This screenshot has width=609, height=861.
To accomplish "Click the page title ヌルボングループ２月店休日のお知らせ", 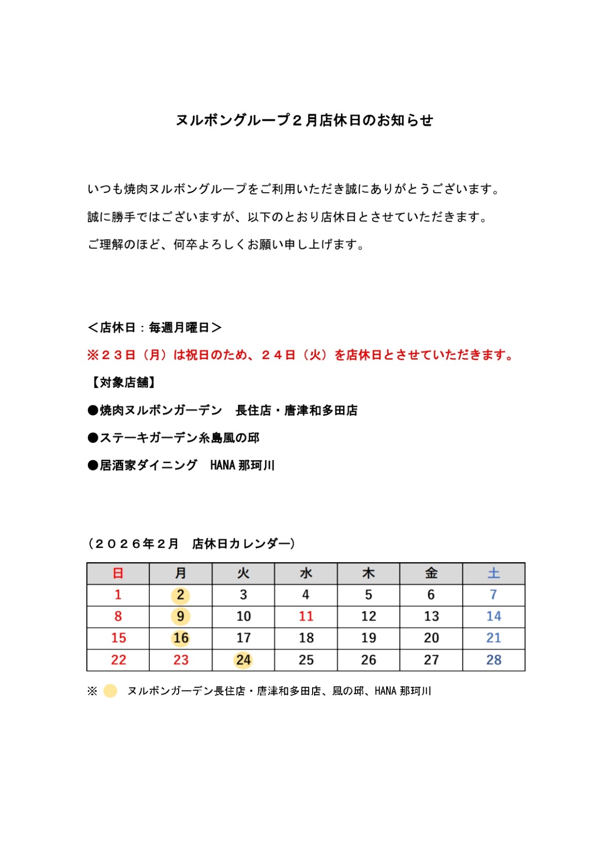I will click(304, 120).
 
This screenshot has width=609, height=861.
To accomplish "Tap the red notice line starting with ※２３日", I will click(300, 355).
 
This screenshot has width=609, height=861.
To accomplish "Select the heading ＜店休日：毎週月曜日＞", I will click(155, 328).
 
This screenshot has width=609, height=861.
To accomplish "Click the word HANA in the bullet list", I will click(222, 465).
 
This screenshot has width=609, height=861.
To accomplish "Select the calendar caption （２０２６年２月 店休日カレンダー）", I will click(192, 544).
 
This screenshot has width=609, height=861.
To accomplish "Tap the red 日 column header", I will click(118, 573).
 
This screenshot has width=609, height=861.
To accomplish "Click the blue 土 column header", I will click(493, 573).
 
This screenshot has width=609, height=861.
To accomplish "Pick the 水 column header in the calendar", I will click(306, 573).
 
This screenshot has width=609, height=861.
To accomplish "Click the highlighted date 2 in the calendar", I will click(180, 595).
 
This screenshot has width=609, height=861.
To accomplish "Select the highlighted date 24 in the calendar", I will click(243, 660).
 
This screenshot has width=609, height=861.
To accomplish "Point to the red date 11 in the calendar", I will click(306, 616).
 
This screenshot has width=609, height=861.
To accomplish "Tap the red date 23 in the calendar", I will click(181, 660).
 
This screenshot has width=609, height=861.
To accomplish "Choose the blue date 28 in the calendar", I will click(493, 660).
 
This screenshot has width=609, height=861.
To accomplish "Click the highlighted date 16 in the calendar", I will click(181, 638).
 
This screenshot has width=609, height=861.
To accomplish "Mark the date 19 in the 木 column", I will click(368, 638).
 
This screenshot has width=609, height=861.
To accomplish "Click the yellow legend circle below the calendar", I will click(110, 691).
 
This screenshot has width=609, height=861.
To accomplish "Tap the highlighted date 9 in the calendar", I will click(180, 616).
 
